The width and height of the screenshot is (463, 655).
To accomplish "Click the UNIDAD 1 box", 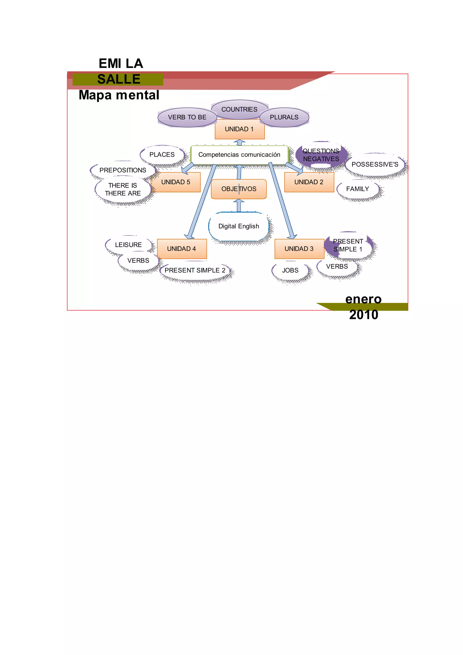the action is pos(239,129).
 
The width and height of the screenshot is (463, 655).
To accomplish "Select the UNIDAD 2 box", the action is pos(309,182).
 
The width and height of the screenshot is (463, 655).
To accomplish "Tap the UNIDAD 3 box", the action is pos(299,249).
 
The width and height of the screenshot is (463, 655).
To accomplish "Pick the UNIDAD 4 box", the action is pos(182,249).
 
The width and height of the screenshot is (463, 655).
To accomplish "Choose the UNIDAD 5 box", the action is pos(176,182).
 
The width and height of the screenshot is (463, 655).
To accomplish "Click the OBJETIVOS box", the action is pos(239,189).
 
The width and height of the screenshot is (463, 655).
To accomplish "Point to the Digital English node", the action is pos(239,226).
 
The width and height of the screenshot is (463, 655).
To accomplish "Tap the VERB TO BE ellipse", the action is pos(187,117).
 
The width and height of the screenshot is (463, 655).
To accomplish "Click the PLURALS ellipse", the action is pos(284,117).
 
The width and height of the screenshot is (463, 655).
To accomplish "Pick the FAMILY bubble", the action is pos(358,189).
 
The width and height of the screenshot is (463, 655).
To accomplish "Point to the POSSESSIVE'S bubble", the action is pos(375,164).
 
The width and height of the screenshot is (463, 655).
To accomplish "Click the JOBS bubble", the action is pos(290,271).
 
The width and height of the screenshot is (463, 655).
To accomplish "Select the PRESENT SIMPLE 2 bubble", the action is pos(195,271).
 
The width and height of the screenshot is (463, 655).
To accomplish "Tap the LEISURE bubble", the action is pos(128,245).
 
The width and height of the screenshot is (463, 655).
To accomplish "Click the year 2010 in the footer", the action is pos(364,315).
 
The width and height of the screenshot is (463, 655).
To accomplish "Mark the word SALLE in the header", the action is pos(119,79).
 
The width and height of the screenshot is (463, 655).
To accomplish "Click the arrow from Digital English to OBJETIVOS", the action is pos(239,205).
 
